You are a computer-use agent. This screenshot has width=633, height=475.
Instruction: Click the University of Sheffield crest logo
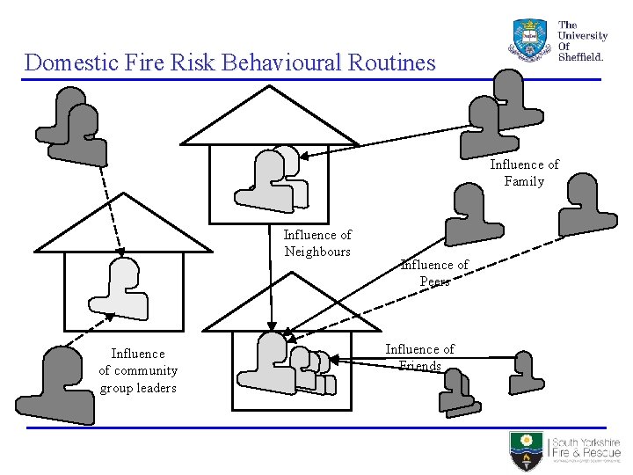click(x=529, y=39)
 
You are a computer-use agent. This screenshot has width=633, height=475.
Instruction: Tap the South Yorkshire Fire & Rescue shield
click(x=527, y=450)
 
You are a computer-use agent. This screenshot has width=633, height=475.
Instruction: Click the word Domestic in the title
click(x=68, y=62)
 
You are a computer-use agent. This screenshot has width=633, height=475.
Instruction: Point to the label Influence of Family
click(x=524, y=172)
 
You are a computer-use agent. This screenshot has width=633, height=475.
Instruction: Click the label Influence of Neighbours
click(x=317, y=243)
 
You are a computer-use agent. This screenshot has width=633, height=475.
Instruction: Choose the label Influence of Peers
click(x=434, y=273)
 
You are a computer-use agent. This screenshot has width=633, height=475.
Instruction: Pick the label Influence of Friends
click(x=419, y=357)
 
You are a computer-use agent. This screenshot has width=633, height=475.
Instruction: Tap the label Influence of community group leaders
click(x=138, y=370)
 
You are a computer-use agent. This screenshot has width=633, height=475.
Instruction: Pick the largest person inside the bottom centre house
click(x=267, y=362)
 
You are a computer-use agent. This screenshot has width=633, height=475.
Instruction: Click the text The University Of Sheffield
click(x=582, y=40)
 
